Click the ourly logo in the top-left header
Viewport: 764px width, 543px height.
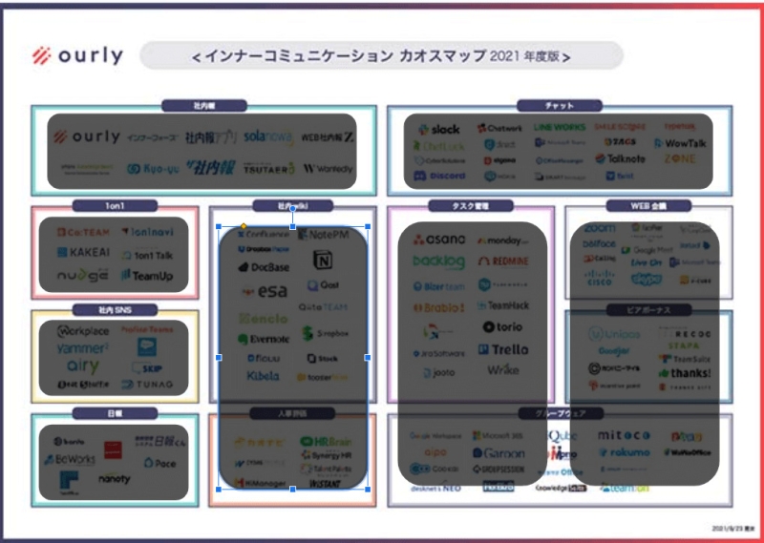(x=76, y=55)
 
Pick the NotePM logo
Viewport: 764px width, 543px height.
(x=329, y=235)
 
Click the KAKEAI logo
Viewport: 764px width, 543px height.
(x=82, y=253)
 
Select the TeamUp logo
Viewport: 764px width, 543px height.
(x=148, y=276)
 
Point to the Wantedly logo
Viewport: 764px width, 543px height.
(x=328, y=169)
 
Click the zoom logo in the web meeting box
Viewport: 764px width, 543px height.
(x=600, y=229)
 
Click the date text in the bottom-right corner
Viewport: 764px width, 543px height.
(x=732, y=527)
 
